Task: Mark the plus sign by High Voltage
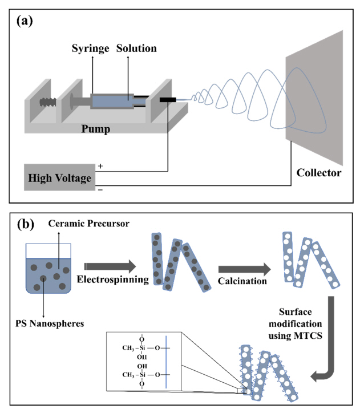100,166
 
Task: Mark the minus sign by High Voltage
100,189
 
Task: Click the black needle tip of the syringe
168,100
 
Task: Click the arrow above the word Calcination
242,268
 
